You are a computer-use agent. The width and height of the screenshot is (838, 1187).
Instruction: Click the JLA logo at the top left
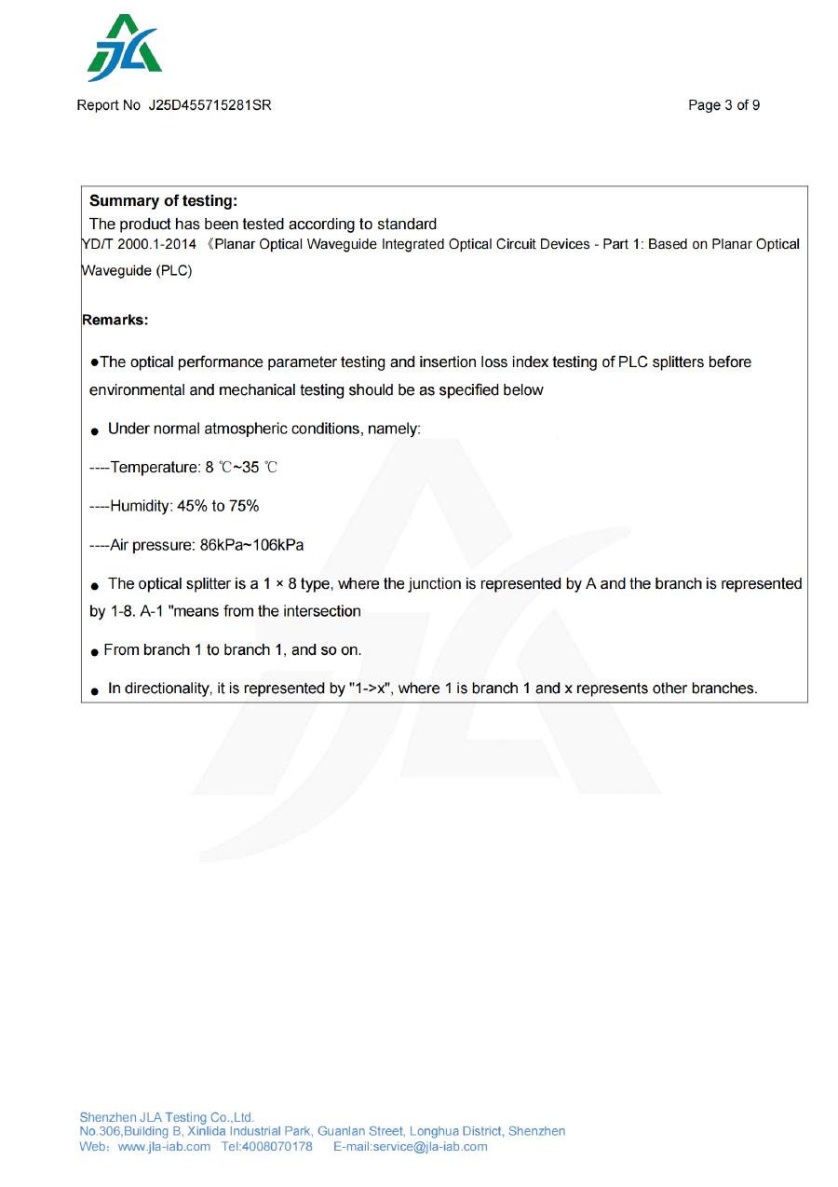pyautogui.click(x=124, y=48)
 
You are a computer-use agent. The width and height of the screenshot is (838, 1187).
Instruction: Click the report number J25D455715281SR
pyautogui.click(x=209, y=105)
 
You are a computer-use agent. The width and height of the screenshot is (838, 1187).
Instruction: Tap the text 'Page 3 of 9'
pyautogui.click(x=723, y=105)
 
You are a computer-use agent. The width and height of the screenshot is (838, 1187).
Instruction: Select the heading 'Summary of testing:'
pyautogui.click(x=163, y=200)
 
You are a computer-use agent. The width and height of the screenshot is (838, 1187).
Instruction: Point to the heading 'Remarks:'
pyautogui.click(x=115, y=320)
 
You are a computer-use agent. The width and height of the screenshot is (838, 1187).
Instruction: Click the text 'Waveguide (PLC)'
pyautogui.click(x=137, y=271)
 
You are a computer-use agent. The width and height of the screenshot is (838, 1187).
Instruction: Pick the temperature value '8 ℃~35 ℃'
pyautogui.click(x=241, y=468)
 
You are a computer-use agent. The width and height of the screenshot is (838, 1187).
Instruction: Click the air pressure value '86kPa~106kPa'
pyautogui.click(x=251, y=545)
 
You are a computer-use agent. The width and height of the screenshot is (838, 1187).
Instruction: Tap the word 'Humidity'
pyautogui.click(x=141, y=506)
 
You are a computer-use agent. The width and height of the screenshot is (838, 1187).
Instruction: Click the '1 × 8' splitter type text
pyautogui.click(x=279, y=584)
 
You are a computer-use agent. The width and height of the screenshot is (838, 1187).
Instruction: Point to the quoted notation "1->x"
pyautogui.click(x=370, y=689)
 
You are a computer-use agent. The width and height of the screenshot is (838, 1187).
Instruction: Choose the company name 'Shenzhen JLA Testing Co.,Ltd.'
pyautogui.click(x=167, y=1117)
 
